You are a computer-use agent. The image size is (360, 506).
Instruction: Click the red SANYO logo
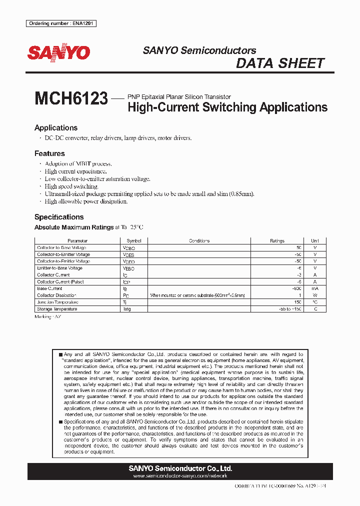[58, 52]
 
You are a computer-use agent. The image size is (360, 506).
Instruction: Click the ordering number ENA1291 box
[61, 23]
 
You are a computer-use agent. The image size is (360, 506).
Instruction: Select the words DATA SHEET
[280, 63]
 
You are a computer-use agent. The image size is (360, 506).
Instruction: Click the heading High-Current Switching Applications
[227, 107]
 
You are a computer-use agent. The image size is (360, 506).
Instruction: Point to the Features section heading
[49, 153]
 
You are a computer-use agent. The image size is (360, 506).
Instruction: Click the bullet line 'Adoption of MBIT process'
[78, 163]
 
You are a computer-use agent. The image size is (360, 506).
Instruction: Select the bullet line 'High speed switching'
[71, 186]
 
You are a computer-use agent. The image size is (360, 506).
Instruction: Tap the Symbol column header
[134, 241]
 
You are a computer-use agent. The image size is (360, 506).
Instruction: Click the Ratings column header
[277, 241]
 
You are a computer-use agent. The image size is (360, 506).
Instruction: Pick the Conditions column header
[199, 241]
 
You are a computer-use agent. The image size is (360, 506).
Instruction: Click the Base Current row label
[49, 288]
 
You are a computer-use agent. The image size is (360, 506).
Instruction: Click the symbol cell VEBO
[128, 268]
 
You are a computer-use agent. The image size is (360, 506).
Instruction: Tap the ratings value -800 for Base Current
[296, 288]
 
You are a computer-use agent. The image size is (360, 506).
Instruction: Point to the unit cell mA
[314, 288]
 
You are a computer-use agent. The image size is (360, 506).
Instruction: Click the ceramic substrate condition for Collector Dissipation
[197, 295]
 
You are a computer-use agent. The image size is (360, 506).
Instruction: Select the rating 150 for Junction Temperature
[297, 302]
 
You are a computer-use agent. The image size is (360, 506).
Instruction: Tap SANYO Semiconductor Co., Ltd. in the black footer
[180, 468]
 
